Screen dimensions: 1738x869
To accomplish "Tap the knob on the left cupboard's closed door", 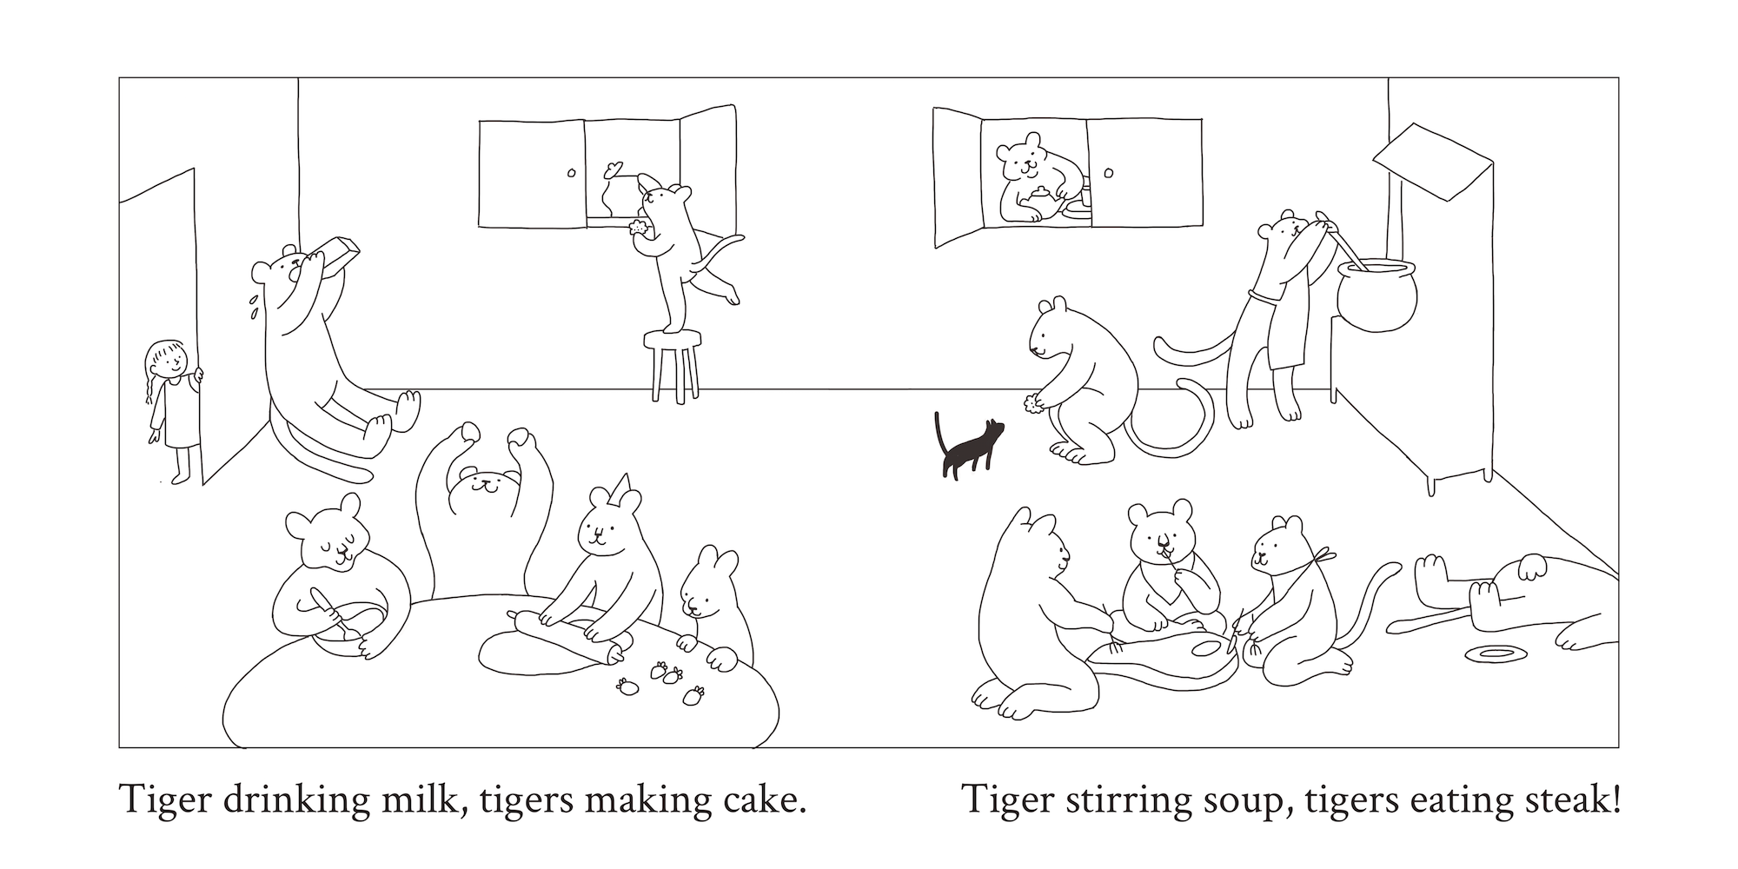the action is tap(571, 173).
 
